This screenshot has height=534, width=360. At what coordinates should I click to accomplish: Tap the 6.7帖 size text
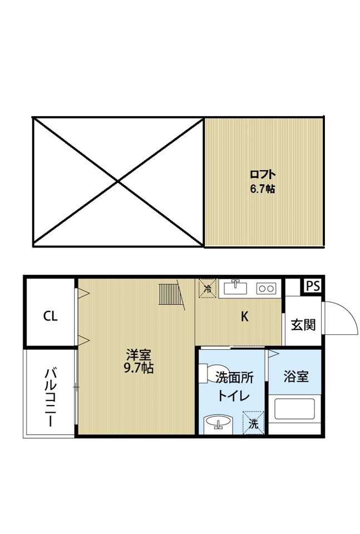point(263,189)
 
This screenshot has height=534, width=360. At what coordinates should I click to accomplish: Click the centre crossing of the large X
point(118,181)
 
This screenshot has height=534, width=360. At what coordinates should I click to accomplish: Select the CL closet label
point(50,317)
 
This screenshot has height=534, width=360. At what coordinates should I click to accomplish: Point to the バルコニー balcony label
point(50,395)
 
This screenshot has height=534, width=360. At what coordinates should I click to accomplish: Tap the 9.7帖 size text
point(139,368)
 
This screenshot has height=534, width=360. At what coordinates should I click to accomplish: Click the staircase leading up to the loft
point(171,295)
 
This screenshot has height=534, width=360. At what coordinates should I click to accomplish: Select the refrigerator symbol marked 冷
point(208,288)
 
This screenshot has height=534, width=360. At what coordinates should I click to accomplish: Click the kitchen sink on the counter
point(236,287)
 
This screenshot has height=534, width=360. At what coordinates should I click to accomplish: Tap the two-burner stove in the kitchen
point(265,288)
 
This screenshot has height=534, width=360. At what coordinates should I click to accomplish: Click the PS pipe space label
point(313,286)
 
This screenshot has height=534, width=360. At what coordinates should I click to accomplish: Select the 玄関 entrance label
point(303,324)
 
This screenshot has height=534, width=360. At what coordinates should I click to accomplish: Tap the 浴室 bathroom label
point(296,377)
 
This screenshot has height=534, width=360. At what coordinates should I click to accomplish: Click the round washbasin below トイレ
point(218,424)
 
